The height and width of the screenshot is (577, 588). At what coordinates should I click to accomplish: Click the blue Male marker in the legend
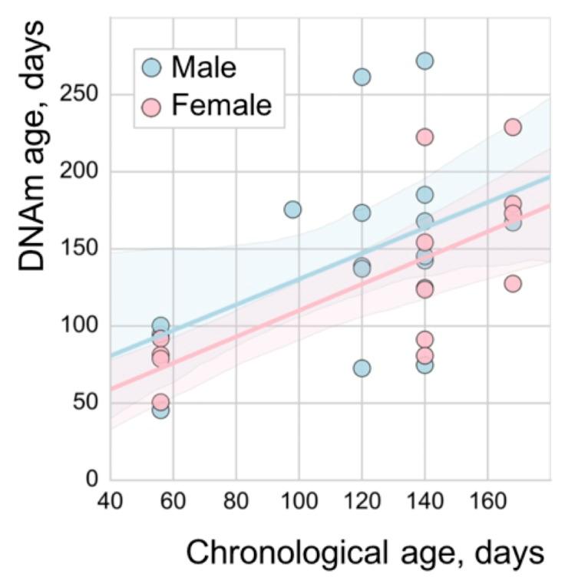(152, 68)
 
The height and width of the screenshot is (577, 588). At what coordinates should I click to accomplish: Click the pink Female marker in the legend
(152, 104)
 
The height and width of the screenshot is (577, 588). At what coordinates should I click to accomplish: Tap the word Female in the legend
(221, 104)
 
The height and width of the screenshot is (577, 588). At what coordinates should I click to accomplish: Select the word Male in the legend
(203, 68)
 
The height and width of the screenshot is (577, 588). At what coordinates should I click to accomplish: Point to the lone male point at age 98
(292, 209)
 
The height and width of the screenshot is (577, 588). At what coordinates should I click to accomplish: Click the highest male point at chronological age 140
(424, 61)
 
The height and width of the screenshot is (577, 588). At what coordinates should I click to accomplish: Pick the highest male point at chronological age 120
(362, 77)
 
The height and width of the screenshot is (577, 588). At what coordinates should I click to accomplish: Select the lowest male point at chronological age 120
(362, 368)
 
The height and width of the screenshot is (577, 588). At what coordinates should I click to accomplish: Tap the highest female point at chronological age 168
(513, 127)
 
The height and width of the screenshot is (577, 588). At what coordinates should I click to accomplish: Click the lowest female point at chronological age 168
(513, 283)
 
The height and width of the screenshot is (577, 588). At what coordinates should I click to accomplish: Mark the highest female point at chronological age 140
(424, 137)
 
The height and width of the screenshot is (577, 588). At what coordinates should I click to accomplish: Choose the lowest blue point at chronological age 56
(160, 410)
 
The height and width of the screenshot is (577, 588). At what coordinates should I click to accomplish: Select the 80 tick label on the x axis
(236, 503)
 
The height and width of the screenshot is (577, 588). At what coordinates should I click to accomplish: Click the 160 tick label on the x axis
(487, 503)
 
